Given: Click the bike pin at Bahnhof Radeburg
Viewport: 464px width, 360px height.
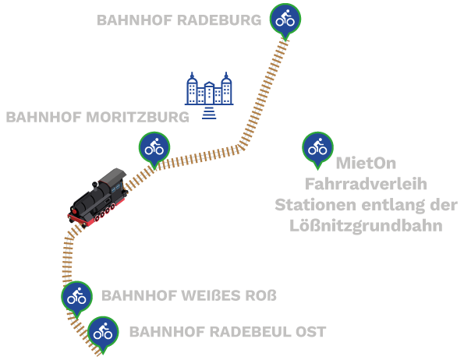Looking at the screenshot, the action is [285, 21].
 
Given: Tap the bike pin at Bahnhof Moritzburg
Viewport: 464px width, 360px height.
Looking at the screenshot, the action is [154, 149].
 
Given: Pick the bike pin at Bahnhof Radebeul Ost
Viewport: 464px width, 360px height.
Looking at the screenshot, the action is [103, 334].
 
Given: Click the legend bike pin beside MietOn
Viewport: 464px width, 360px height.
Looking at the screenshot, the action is [317, 149].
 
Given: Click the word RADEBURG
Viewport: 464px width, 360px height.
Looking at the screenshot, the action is [220, 20].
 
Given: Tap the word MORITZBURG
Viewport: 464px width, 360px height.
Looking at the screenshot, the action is [137, 117].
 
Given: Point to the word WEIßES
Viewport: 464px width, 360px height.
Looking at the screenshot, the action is [211, 295].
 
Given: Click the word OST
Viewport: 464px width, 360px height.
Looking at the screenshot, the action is [310, 332].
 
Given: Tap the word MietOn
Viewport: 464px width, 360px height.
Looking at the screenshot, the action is [366, 163].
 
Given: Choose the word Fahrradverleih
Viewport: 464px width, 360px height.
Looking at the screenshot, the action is [366, 184].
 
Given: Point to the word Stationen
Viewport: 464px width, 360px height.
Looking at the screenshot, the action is [315, 205].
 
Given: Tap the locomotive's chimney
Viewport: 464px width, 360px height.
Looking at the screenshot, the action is [94, 185].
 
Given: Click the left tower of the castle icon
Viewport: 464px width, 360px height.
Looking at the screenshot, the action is [193, 88].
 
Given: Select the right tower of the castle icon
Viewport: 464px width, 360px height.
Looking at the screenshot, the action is [226, 88].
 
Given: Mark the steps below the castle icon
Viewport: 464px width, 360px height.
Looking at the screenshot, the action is [209, 113].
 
